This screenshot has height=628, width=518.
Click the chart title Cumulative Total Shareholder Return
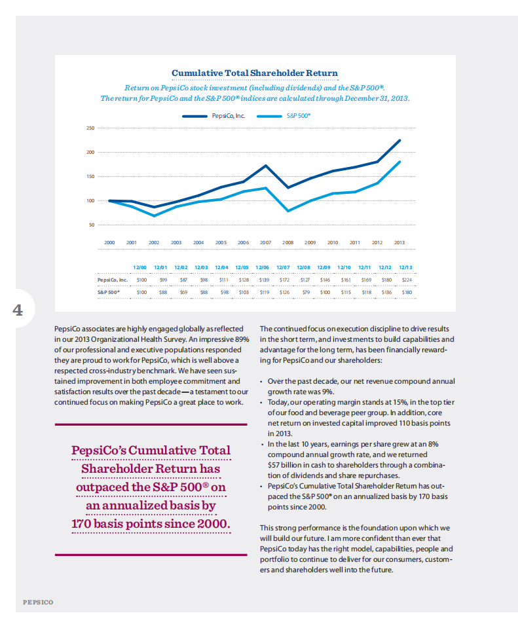pyautogui.click(x=255, y=73)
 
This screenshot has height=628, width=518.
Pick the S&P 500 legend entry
pyautogui.click(x=299, y=115)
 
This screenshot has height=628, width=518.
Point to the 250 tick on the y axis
pyautogui.click(x=90, y=128)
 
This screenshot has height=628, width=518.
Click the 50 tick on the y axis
pyautogui.click(x=92, y=225)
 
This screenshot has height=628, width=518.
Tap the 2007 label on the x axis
pyautogui.click(x=265, y=242)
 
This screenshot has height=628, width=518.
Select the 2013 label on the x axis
pyautogui.click(x=399, y=242)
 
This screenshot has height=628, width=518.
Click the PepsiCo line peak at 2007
pyautogui.click(x=265, y=166)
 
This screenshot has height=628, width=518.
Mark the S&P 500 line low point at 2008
pyautogui.click(x=288, y=211)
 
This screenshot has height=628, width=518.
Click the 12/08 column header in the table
pyautogui.click(x=303, y=267)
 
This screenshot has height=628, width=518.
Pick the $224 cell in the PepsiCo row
pyautogui.click(x=405, y=280)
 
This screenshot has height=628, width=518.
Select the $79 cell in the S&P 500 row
pyautogui.click(x=305, y=292)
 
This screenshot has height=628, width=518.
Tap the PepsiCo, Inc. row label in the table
pyautogui.click(x=109, y=280)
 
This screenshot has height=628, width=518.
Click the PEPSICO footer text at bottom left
pyautogui.click(x=38, y=601)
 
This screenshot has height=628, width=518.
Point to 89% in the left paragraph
pyautogui.click(x=242, y=339)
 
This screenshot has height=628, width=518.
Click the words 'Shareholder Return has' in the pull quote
pyautogui.click(x=151, y=469)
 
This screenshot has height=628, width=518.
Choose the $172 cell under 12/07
pyautogui.click(x=284, y=280)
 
